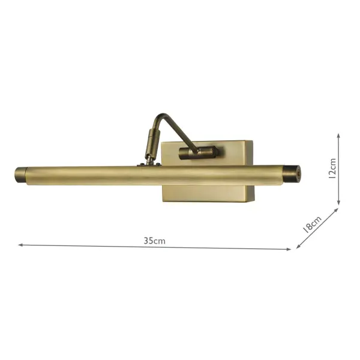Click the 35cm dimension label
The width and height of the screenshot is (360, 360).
(154, 241)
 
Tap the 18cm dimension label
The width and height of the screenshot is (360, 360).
(313, 224)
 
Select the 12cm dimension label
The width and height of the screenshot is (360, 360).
(332, 170)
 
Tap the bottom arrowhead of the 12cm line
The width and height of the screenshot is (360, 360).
(339, 205)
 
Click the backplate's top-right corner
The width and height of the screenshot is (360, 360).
(252, 142)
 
